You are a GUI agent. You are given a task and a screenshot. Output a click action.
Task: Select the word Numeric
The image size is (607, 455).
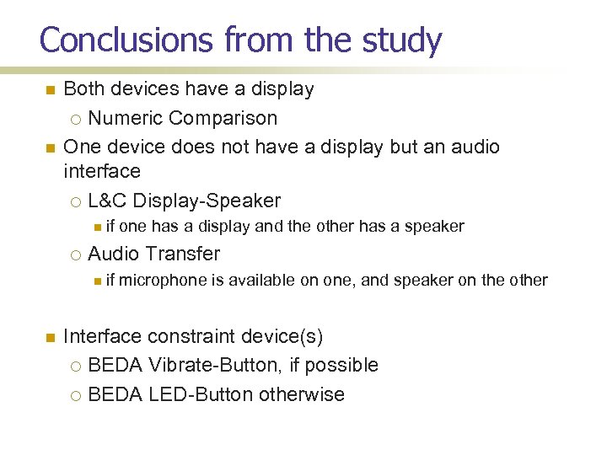coord(124,118)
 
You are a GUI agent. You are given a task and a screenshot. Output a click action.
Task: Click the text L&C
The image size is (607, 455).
coord(107,201)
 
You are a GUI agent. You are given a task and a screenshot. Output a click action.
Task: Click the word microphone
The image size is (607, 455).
coord(163,281)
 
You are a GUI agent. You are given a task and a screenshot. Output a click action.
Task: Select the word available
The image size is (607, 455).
coord(262,281)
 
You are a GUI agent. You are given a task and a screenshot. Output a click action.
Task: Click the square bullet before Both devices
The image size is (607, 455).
coord(50,89)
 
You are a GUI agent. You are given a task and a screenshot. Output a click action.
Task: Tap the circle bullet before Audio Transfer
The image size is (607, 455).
coord(76,254)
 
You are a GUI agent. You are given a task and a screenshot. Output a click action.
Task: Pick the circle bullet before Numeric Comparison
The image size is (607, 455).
coord(76,119)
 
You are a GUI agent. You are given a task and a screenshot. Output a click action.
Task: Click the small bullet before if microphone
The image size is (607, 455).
coord(98,281)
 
